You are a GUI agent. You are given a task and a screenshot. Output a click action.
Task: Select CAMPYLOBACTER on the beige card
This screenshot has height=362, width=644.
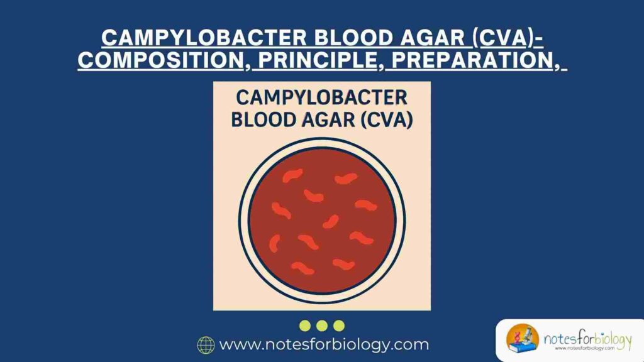(321, 99)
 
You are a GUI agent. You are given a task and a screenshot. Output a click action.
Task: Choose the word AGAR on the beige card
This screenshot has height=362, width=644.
(332, 120)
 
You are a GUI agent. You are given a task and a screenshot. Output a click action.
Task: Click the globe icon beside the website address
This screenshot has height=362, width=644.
(206, 344)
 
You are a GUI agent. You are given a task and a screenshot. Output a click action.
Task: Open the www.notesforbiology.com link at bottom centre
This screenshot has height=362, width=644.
(323, 344)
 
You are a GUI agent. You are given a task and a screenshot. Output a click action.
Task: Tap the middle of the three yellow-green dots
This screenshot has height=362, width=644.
(322, 325)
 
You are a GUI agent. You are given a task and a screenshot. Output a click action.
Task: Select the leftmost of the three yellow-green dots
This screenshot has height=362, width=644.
(305, 325)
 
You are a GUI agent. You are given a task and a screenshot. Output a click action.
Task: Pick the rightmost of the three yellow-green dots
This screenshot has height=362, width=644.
(339, 325)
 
